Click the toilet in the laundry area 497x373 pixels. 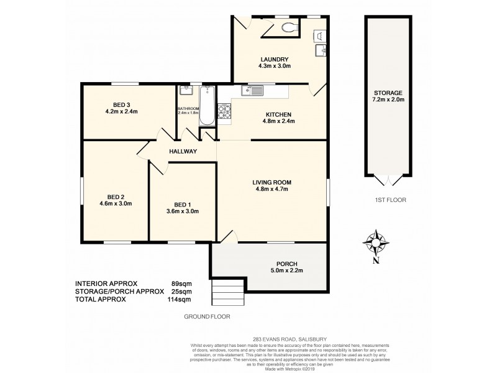pyautogui.click(x=287, y=27)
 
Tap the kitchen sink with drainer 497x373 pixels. pyautogui.click(x=253, y=91)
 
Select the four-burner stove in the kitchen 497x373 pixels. pyautogui.click(x=224, y=113)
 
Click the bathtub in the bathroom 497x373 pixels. pyautogui.click(x=206, y=107)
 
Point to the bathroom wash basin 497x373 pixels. pyautogui.click(x=185, y=91)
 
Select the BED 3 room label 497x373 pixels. pyautogui.click(x=121, y=104)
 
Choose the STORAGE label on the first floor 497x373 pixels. pyautogui.click(x=388, y=93)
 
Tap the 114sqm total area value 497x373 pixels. pyautogui.click(x=181, y=299)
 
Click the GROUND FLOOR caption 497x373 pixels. pyautogui.click(x=207, y=316)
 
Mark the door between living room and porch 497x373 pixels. pyautogui.click(x=227, y=236)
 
